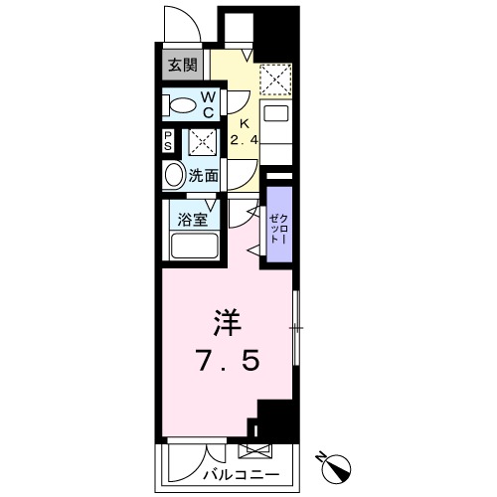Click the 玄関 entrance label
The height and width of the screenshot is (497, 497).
pos(182,67)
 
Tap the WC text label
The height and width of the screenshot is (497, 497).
pos(209,103)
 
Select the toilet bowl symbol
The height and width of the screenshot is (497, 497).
pos(181,104)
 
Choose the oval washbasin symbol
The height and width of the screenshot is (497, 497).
pos(174,177)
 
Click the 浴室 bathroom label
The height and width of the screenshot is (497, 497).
pos(192,219)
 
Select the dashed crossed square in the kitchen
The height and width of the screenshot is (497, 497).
pos(274,79)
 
